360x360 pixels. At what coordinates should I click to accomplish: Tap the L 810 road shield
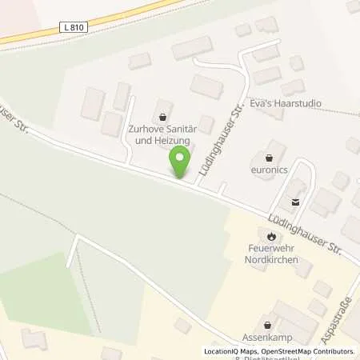tap(72, 29)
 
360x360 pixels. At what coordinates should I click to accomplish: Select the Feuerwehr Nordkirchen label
tap(271, 254)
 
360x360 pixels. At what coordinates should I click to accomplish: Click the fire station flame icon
tap(271, 236)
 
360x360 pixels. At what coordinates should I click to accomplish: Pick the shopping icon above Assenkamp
tap(267, 324)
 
